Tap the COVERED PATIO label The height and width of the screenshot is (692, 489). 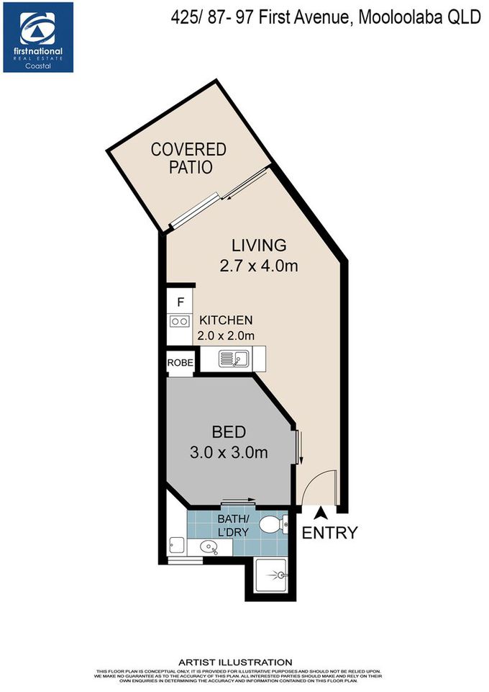188,158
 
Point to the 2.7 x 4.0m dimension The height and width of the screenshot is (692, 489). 259,267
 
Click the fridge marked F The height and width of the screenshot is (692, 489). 180,302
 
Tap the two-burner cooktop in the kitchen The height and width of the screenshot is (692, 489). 180,322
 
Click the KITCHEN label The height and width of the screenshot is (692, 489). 226,320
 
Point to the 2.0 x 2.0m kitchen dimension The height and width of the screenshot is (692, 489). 227,336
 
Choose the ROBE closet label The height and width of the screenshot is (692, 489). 180,363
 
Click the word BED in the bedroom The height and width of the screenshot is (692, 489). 229,433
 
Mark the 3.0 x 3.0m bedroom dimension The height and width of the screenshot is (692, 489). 229,453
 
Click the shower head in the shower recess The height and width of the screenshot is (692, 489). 281,575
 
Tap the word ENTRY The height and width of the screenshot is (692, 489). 329,534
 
